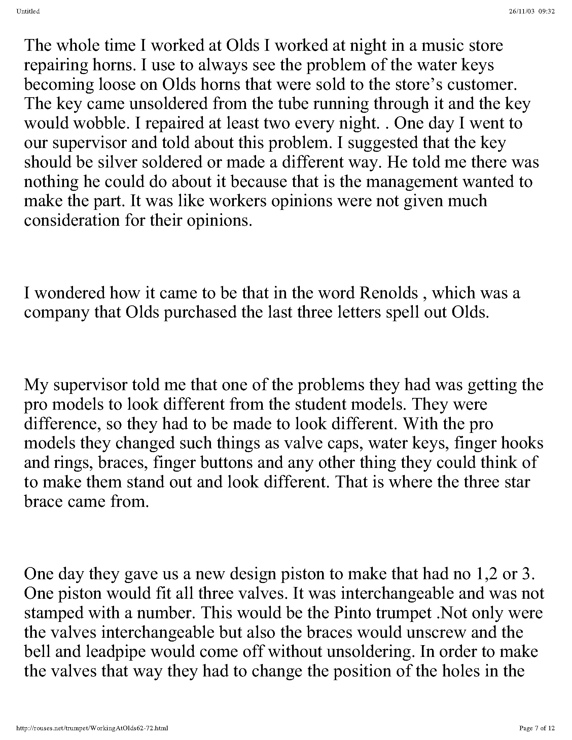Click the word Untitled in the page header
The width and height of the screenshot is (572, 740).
(x=28, y=11)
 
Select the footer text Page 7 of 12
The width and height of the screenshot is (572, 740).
(x=537, y=728)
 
